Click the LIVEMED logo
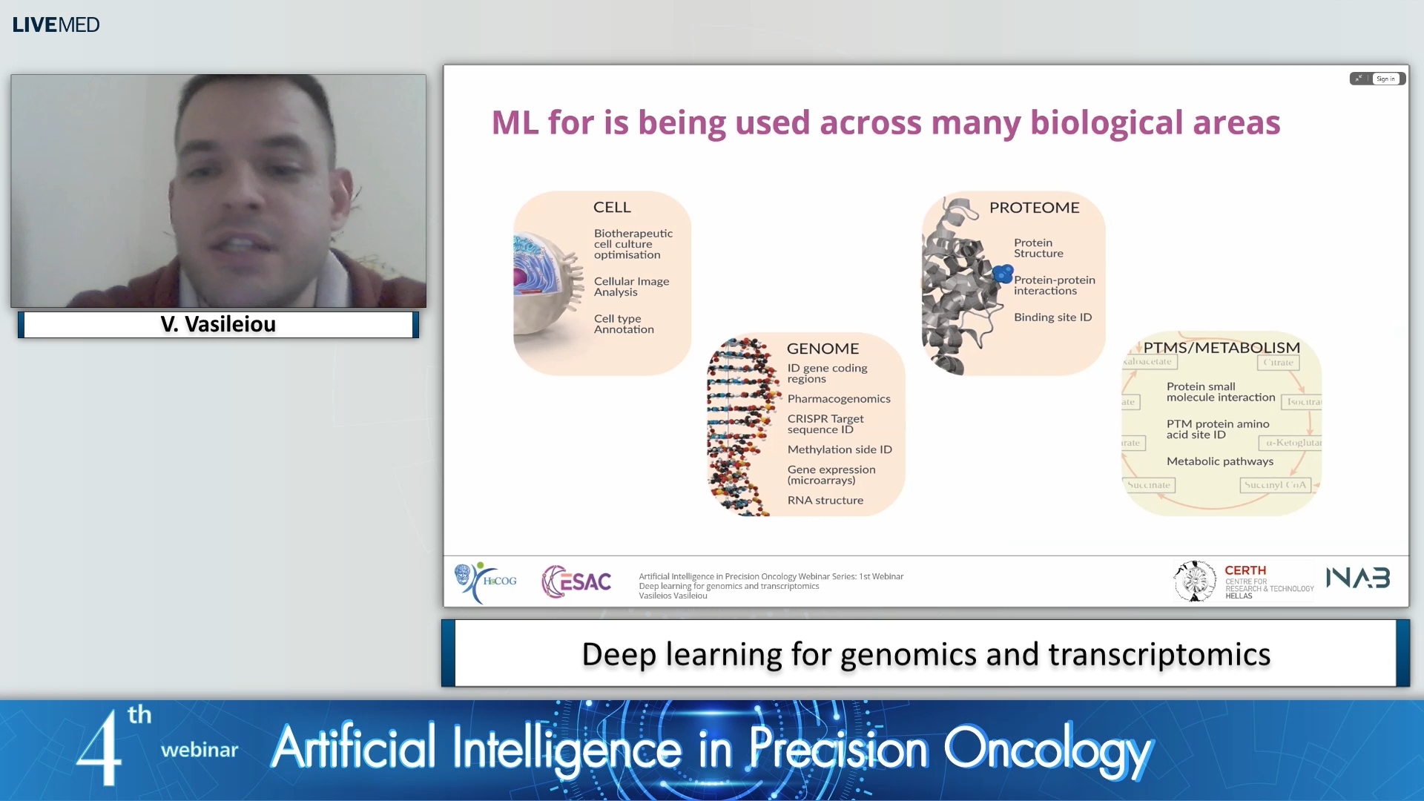tap(56, 24)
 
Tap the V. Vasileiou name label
tap(218, 324)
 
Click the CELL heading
tap(612, 208)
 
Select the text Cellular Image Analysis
tap(631, 286)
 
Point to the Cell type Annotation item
tap(623, 324)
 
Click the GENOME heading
tap(823, 349)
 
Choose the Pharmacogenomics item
tap(839, 399)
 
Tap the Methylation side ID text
tap(840, 449)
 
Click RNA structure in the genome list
tap(825, 501)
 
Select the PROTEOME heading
tap(1034, 208)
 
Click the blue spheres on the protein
tap(1003, 274)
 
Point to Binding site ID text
tap(1052, 317)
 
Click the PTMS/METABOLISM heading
tap(1221, 348)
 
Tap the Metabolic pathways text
tap(1219, 461)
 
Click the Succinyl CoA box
tap(1275, 485)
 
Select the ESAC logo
tap(576, 581)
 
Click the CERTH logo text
tap(1245, 570)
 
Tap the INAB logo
tap(1357, 578)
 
